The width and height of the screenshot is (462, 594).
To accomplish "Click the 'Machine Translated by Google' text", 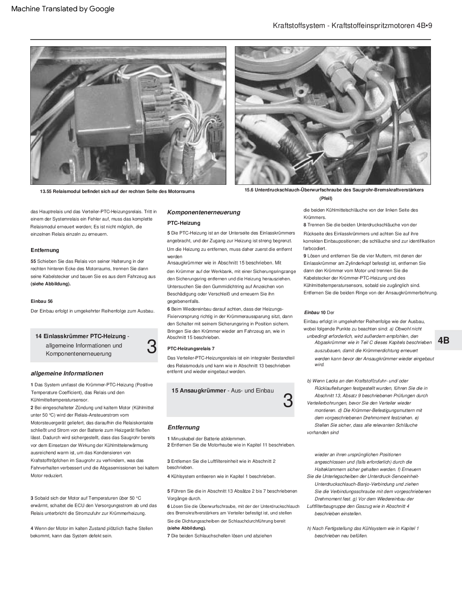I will (63, 9).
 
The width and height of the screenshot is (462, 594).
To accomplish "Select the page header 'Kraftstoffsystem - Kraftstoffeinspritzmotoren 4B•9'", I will (352, 26).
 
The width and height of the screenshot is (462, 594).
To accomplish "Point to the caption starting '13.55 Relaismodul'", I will (117, 191).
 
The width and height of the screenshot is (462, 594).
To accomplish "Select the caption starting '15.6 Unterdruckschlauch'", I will (334, 190).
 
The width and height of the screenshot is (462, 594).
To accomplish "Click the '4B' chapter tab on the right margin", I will (443, 340).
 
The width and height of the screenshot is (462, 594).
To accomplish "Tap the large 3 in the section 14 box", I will (152, 346).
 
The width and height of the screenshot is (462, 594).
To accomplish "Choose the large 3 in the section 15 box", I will (288, 401).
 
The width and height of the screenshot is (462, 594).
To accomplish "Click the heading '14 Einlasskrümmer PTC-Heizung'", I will (80, 336).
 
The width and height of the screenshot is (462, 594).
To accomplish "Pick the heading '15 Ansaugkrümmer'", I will (198, 391).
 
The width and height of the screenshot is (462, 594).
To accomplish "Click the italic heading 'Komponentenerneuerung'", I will (203, 212).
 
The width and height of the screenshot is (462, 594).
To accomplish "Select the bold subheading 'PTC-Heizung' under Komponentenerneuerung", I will (184, 223).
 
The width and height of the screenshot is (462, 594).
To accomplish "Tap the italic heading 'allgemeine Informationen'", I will (67, 373).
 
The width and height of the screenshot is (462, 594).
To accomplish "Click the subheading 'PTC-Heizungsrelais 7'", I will (191, 349).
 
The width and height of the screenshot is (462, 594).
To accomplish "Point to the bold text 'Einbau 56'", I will (42, 301).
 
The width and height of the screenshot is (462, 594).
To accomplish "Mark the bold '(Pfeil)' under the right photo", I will (326, 198).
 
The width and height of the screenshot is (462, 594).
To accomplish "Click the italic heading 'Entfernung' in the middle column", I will (183, 427).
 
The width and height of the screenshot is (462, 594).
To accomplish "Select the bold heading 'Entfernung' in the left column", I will (45, 250).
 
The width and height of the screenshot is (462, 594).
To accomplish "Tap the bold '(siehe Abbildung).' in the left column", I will (51, 284).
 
